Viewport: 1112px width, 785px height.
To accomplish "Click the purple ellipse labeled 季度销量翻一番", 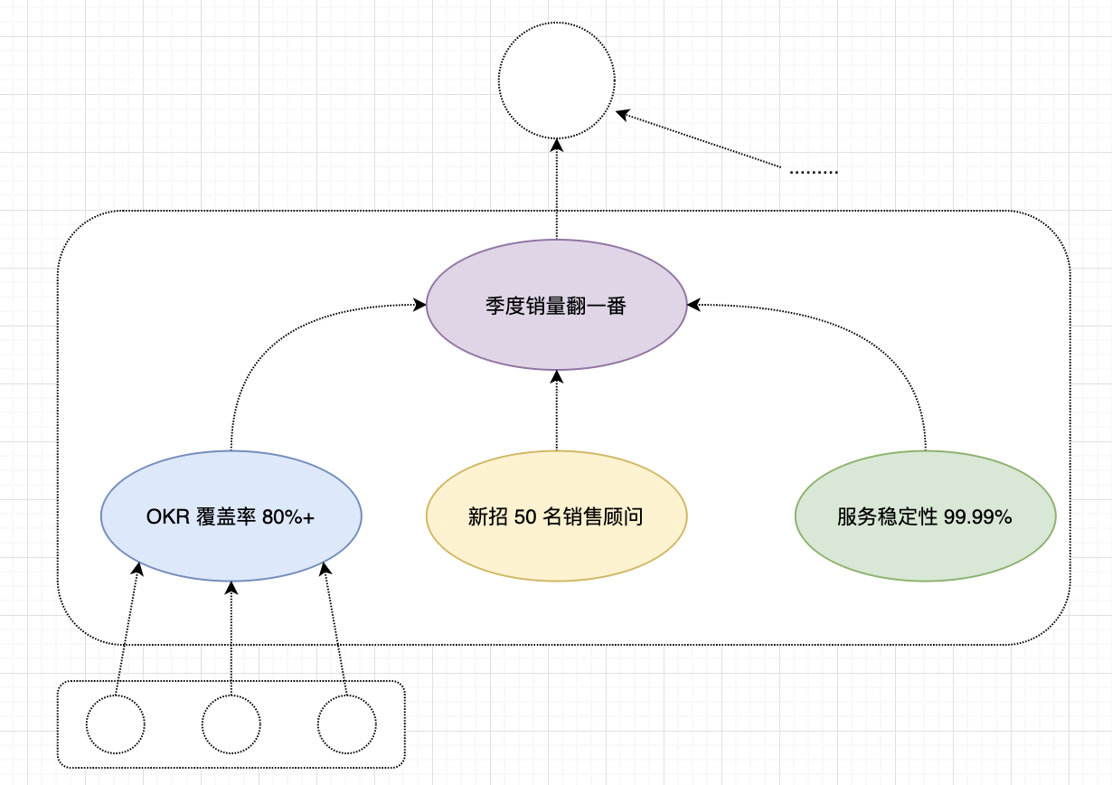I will pyautogui.click(x=556, y=305).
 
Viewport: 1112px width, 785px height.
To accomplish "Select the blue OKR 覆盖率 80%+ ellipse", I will pyautogui.click(x=231, y=515).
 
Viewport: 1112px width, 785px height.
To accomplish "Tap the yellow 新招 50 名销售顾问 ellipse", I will pyautogui.click(x=556, y=515).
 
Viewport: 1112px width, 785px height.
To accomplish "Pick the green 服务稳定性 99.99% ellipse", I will pyautogui.click(x=925, y=515).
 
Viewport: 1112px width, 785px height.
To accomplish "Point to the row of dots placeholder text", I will pyautogui.click(x=813, y=171).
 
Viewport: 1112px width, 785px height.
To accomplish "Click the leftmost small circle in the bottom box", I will pyautogui.click(x=115, y=724).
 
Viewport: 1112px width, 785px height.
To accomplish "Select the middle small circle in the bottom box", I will pyautogui.click(x=231, y=724).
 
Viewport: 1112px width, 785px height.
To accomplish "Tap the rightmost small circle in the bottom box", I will pyautogui.click(x=346, y=724).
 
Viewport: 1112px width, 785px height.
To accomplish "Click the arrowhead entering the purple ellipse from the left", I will pyautogui.click(x=420, y=306).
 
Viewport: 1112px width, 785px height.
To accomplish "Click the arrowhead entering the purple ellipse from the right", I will pyautogui.click(x=693, y=306).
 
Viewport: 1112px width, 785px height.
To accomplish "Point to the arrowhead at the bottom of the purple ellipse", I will pyautogui.click(x=556, y=375).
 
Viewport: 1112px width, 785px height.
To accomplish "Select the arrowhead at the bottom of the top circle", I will pyautogui.click(x=556, y=144).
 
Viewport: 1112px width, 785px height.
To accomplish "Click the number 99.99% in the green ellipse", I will pyautogui.click(x=977, y=517).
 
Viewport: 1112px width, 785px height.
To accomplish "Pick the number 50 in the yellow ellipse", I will pyautogui.click(x=525, y=517).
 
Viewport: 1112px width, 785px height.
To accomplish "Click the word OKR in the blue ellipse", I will pyautogui.click(x=168, y=517).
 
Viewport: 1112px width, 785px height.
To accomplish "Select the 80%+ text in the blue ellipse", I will pyautogui.click(x=287, y=517).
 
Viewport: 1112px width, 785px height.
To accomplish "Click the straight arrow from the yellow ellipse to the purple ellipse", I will pyautogui.click(x=556, y=411).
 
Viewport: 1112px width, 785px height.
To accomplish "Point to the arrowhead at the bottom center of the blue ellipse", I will pyautogui.click(x=231, y=587).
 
